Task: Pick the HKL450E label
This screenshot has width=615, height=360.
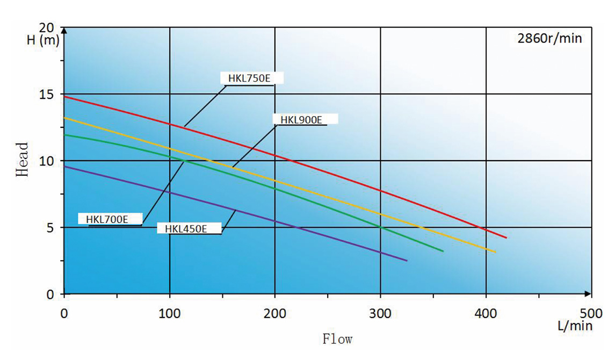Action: tap(186, 228)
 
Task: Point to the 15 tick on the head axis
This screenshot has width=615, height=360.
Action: tap(48, 95)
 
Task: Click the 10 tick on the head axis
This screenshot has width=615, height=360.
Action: tap(48, 161)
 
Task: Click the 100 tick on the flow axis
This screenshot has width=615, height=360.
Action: tap(170, 312)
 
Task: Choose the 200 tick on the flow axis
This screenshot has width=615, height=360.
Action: tap(275, 312)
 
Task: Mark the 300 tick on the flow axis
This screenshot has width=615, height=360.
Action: tap(380, 312)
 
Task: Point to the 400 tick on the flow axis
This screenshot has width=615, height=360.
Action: tap(486, 312)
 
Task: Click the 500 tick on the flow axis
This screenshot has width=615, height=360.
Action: tap(591, 312)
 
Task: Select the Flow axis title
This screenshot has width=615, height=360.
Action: tap(337, 339)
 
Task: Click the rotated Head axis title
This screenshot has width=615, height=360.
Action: tap(22, 160)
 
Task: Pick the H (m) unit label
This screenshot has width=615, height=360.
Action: tap(42, 41)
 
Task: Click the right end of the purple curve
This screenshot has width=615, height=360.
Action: tap(407, 261)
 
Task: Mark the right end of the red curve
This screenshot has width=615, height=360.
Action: tap(506, 237)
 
